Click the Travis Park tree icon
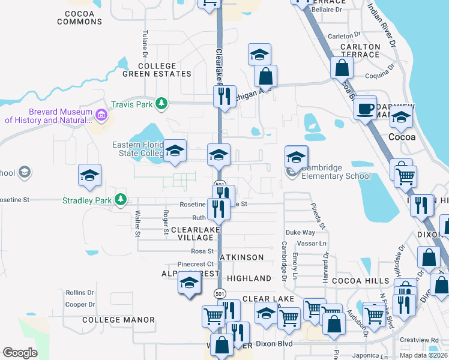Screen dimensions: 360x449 tap(161, 104)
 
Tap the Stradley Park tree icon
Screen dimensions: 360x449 tap(121, 199)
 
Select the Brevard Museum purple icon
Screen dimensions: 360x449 tap(101, 114)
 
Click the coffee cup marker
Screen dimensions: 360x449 tap(366, 109)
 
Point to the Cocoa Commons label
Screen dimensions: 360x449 tap(80, 17)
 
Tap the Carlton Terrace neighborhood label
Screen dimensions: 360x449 tap(360, 50)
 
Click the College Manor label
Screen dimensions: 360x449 tap(119, 320)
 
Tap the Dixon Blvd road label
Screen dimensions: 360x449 tap(274, 344)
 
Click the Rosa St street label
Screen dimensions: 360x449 tap(202, 251)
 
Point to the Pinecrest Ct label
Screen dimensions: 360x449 tap(196, 263)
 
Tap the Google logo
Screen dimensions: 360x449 tap(20, 352)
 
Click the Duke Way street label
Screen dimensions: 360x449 tap(300, 232)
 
